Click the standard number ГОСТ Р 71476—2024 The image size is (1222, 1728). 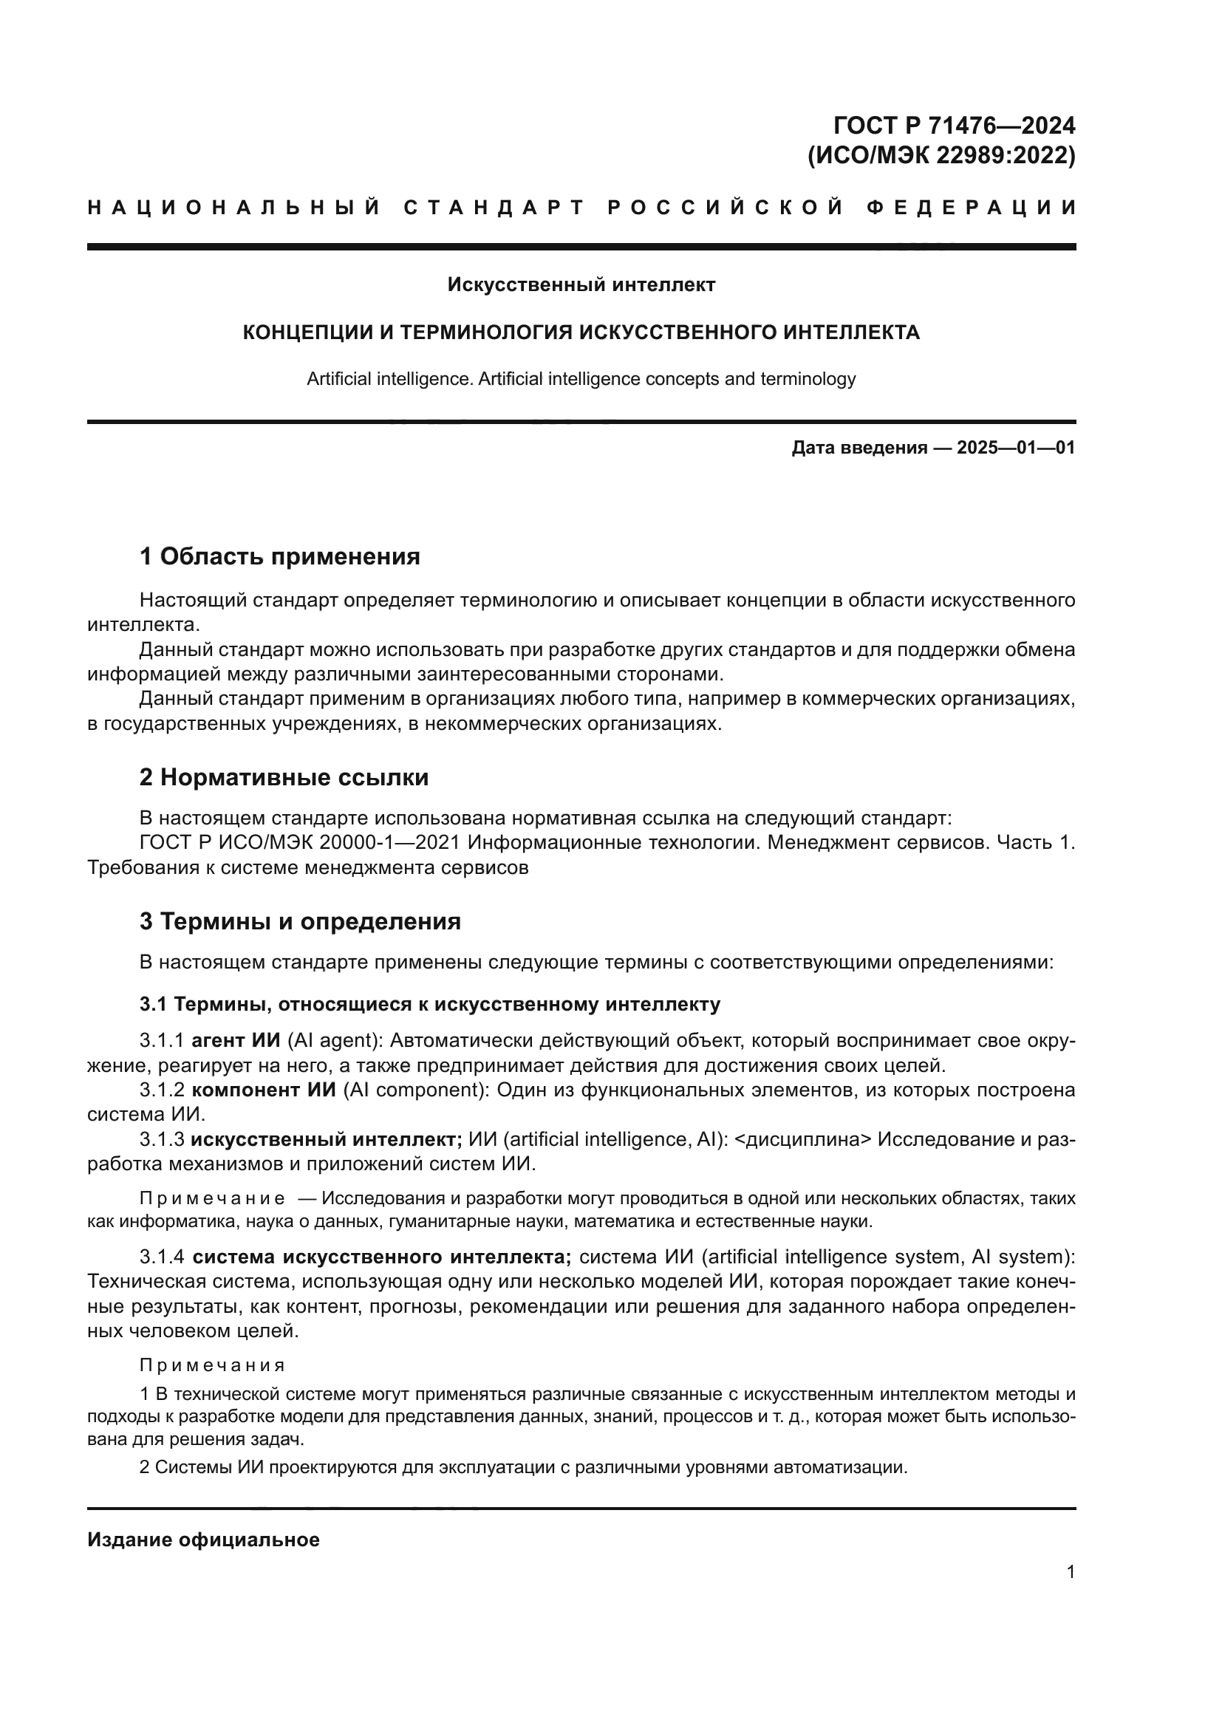954,125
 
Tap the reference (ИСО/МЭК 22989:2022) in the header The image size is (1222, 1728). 941,155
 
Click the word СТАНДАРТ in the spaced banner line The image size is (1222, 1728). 494,208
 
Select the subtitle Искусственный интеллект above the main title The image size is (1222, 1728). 581,285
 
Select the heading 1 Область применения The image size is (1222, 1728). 279,557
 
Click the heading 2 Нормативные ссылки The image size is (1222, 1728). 284,777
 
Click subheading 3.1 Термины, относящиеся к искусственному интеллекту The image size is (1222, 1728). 430,1004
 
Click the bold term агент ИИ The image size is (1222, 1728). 236,1041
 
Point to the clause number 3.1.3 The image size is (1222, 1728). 161,1139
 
